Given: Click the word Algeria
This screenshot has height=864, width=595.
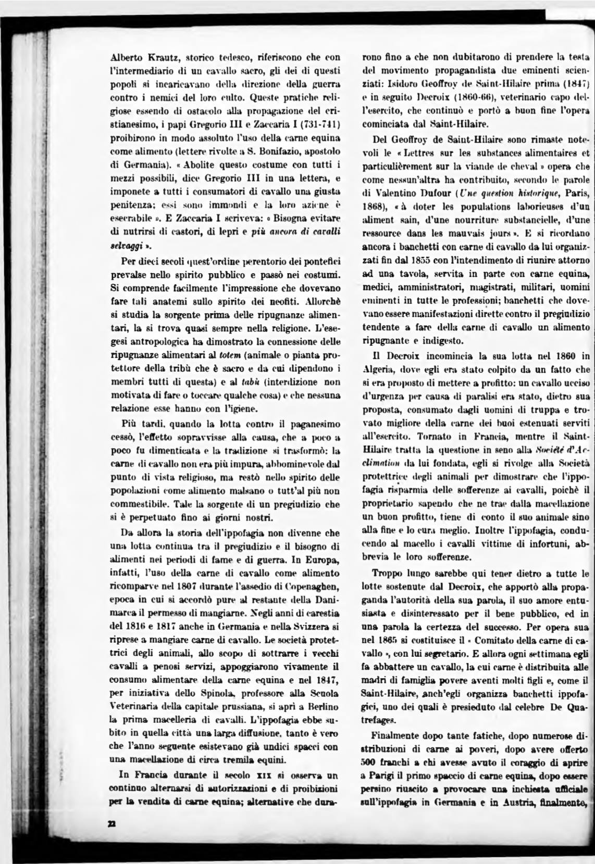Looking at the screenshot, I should coord(377,370).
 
